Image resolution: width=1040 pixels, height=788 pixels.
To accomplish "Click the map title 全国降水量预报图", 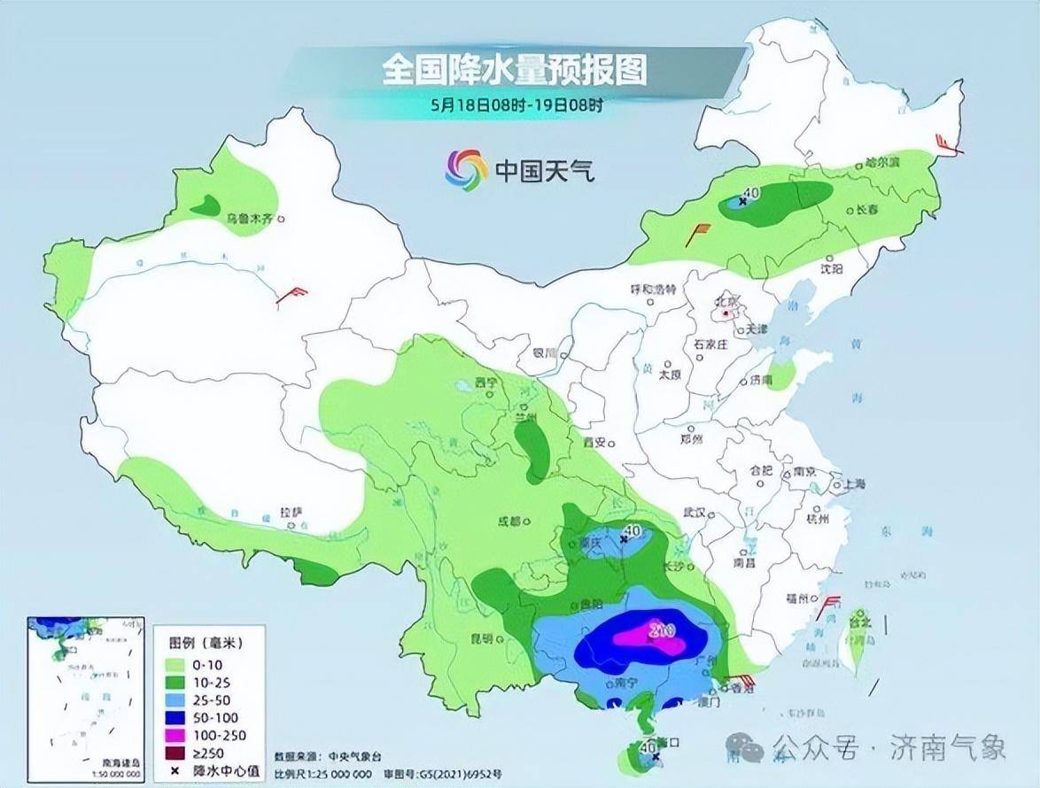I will (515, 69).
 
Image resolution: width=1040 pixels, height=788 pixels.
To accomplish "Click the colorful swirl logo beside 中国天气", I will (466, 168).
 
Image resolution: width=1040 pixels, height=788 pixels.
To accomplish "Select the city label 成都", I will (509, 521).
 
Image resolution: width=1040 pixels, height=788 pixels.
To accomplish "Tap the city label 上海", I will (855, 484).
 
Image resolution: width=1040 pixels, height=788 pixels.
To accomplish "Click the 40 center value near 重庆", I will (632, 531).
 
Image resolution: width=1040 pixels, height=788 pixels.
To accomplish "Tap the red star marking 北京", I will (725, 312).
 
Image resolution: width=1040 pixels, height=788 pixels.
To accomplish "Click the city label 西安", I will (593, 442).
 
